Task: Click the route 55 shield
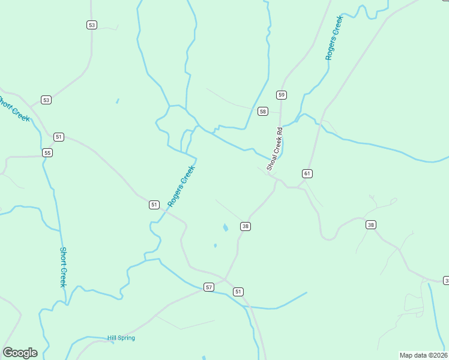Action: (47, 153)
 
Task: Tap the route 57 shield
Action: (209, 287)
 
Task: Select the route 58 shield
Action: (262, 112)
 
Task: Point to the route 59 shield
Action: (282, 95)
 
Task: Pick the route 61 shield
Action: (307, 173)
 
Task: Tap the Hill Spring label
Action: (121, 338)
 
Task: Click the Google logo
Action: (20, 353)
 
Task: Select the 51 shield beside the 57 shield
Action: (238, 292)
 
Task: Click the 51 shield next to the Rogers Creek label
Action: (154, 205)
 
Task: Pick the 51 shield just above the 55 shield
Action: (58, 137)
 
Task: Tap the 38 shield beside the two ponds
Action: (245, 226)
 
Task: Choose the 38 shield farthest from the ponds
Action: (371, 225)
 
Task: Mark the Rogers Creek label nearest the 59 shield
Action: (333, 37)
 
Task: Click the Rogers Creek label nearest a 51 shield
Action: (182, 186)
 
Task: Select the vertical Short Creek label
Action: (62, 267)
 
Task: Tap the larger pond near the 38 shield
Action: (225, 228)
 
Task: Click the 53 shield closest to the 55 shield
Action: (46, 100)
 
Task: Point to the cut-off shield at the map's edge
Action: (446, 281)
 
